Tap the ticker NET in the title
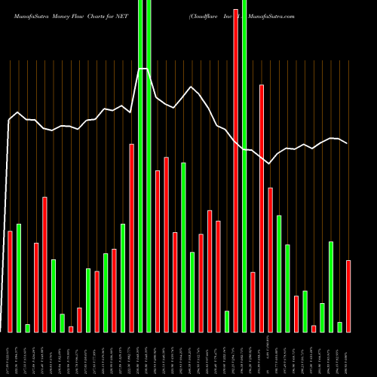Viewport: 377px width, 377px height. (x=122, y=15)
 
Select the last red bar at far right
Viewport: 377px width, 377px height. (x=348, y=296)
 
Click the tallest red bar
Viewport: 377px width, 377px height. (x=235, y=170)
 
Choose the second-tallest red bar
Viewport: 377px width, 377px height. (x=262, y=208)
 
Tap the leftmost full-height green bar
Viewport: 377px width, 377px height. (x=140, y=166)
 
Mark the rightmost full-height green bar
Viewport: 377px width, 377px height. (x=244, y=166)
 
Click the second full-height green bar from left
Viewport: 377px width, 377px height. (x=149, y=166)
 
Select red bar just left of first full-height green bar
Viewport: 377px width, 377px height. (x=131, y=238)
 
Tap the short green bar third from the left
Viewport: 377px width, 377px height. (x=27, y=328)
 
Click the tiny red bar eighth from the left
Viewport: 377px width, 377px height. (x=71, y=329)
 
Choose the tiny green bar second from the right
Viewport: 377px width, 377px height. (x=339, y=326)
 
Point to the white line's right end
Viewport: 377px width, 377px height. (x=347, y=143)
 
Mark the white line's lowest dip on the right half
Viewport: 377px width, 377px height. (x=269, y=163)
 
